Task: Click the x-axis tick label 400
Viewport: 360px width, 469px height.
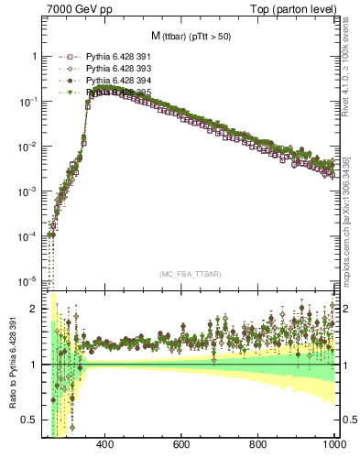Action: pyautogui.click(x=104, y=445)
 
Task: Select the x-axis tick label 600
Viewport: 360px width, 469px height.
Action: pyautogui.click(x=180, y=445)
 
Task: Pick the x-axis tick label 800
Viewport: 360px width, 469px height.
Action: pyautogui.click(x=258, y=445)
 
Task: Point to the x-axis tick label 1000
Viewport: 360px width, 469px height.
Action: pyautogui.click(x=332, y=445)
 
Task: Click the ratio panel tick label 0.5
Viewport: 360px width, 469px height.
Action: pyautogui.click(x=29, y=420)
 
